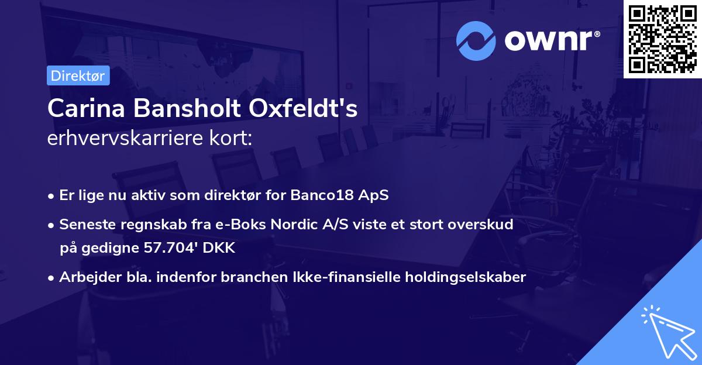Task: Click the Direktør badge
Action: coord(78,76)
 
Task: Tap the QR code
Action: coord(662,39)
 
